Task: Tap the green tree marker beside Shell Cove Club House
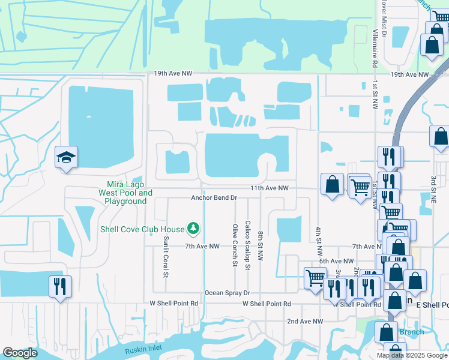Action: tap(193, 228)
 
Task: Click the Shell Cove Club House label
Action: tap(142, 228)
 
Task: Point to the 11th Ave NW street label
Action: tap(270, 188)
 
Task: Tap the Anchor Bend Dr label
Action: tap(215, 197)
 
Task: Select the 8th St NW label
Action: tap(261, 245)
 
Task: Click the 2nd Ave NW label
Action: tap(305, 322)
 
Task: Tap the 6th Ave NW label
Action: tap(337, 261)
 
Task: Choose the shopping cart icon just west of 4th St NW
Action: tap(316, 278)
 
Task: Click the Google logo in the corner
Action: tap(20, 353)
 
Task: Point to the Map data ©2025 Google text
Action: tap(412, 355)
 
